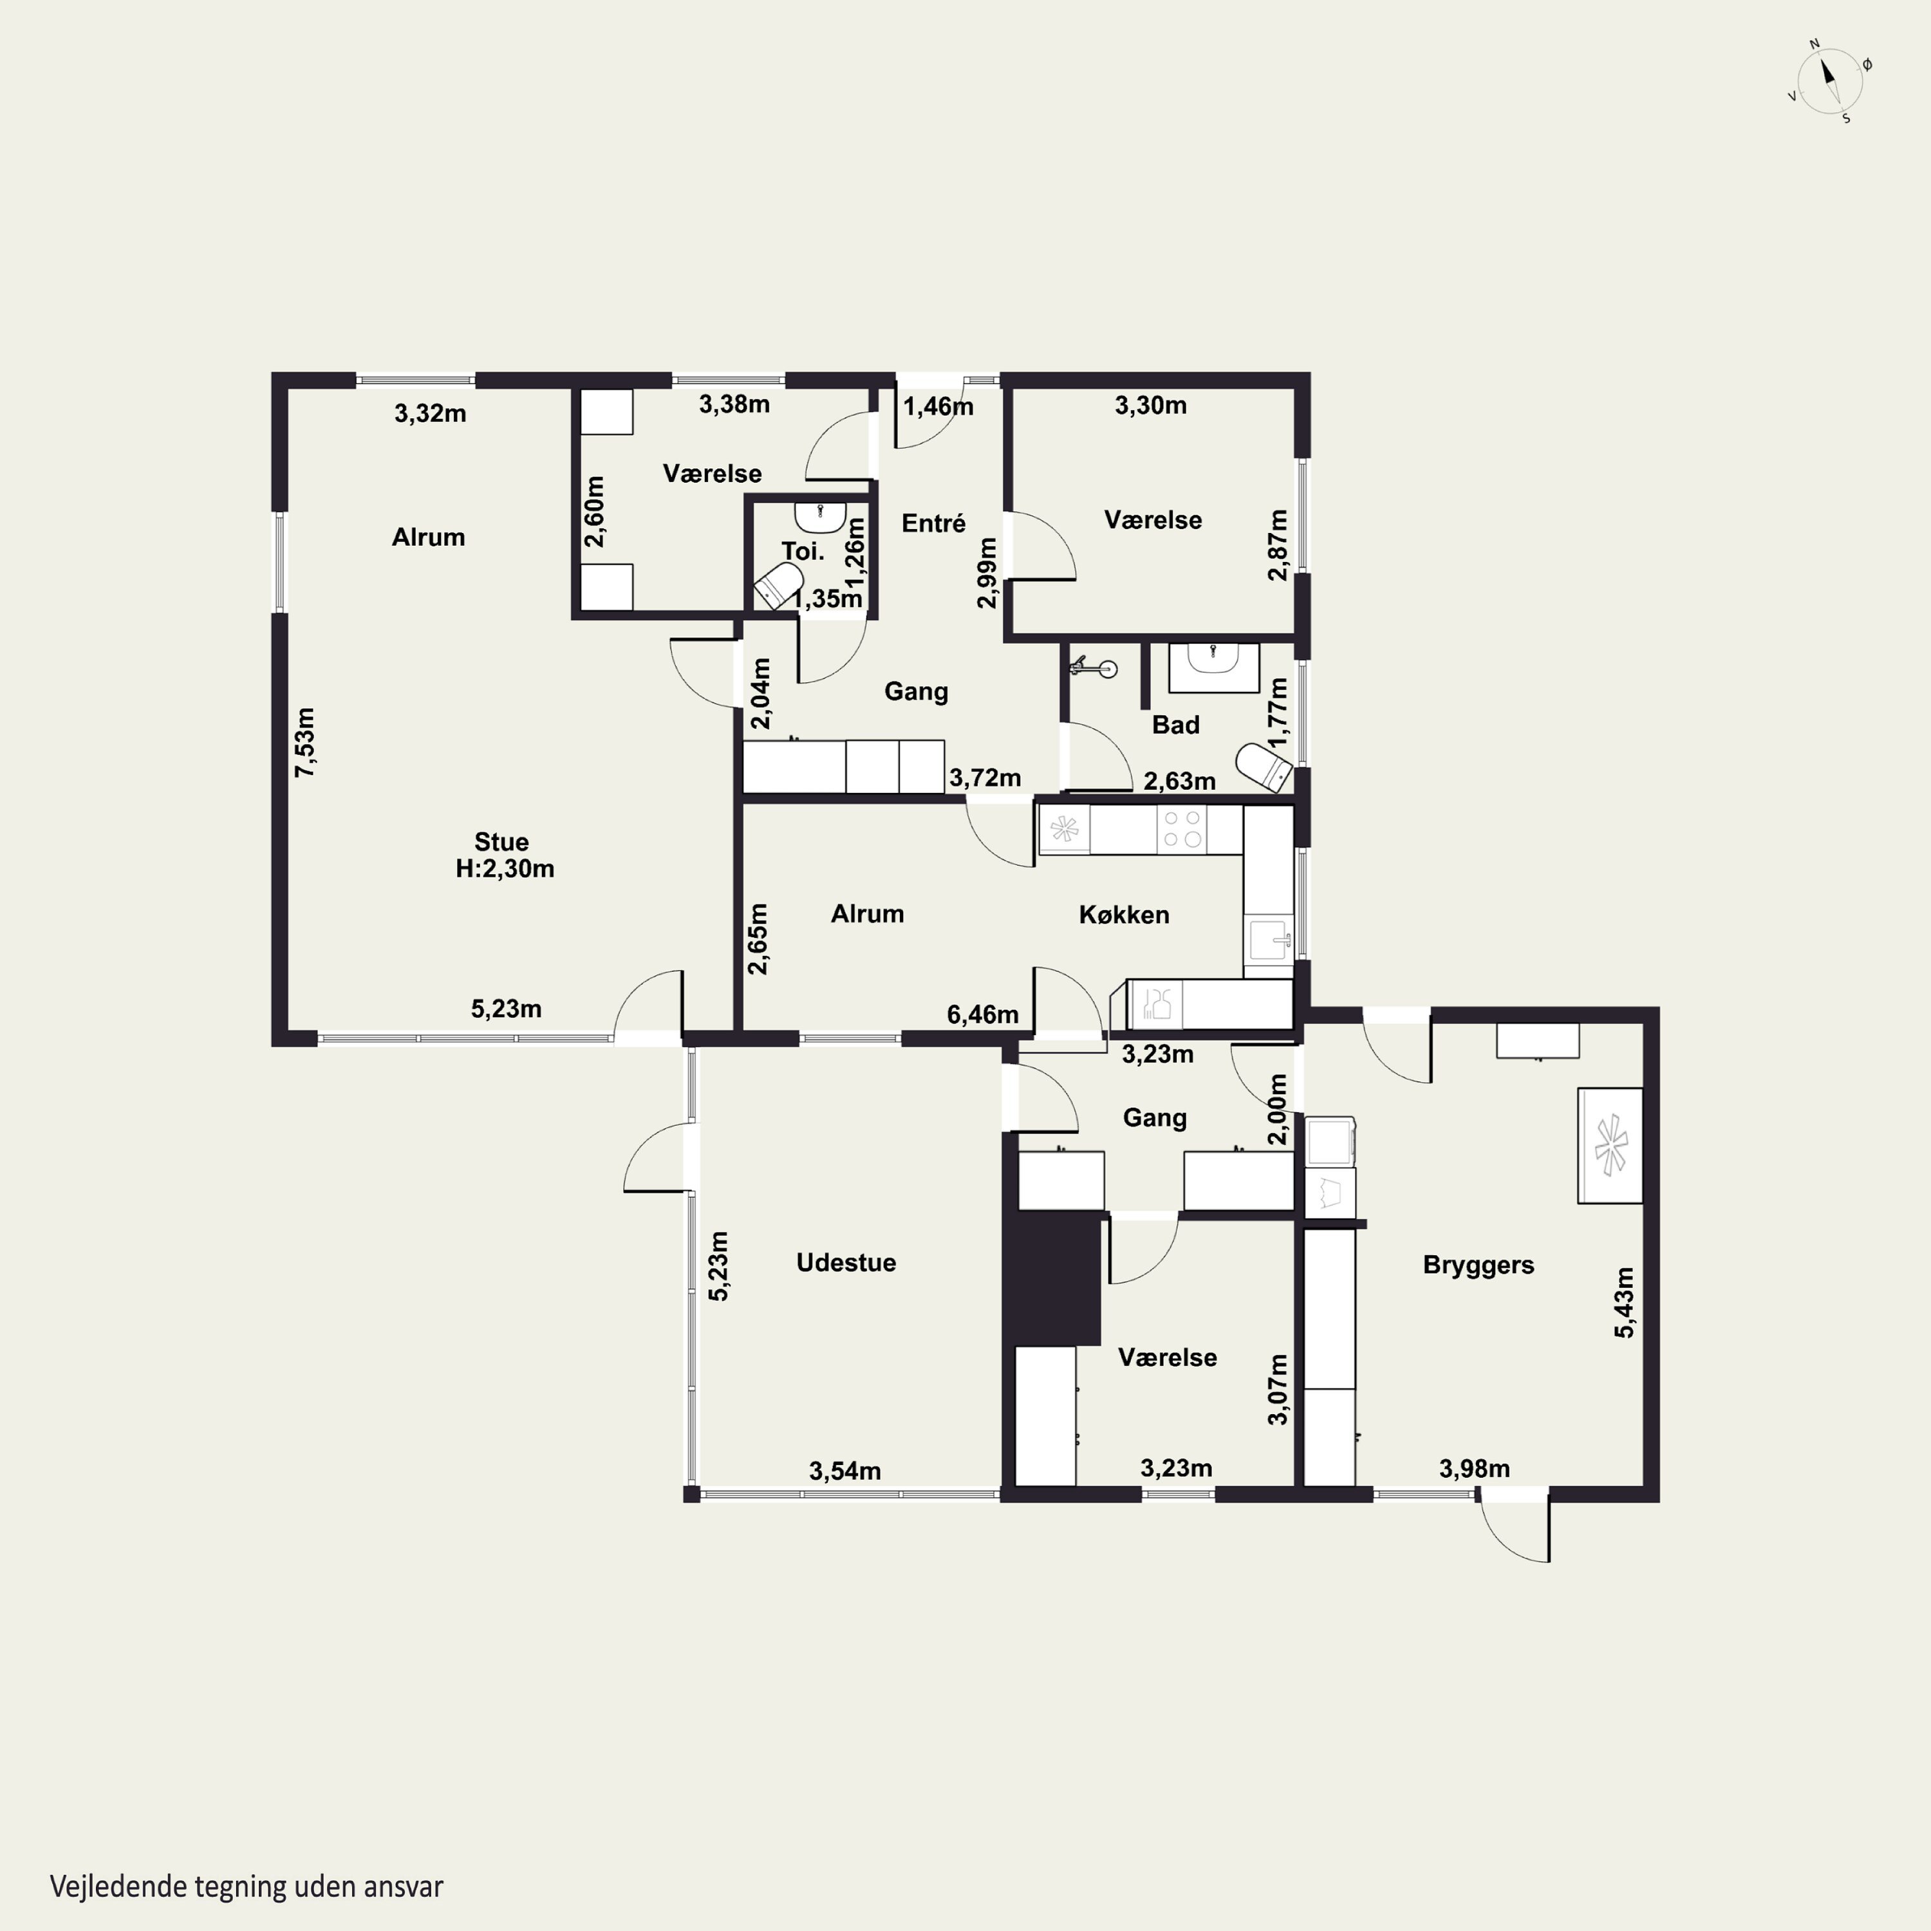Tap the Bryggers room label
1479,1265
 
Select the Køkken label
1123,915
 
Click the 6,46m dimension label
982,1014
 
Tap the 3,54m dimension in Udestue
844,1471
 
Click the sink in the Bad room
1213,667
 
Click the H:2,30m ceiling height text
505,868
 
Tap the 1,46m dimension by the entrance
938,407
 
